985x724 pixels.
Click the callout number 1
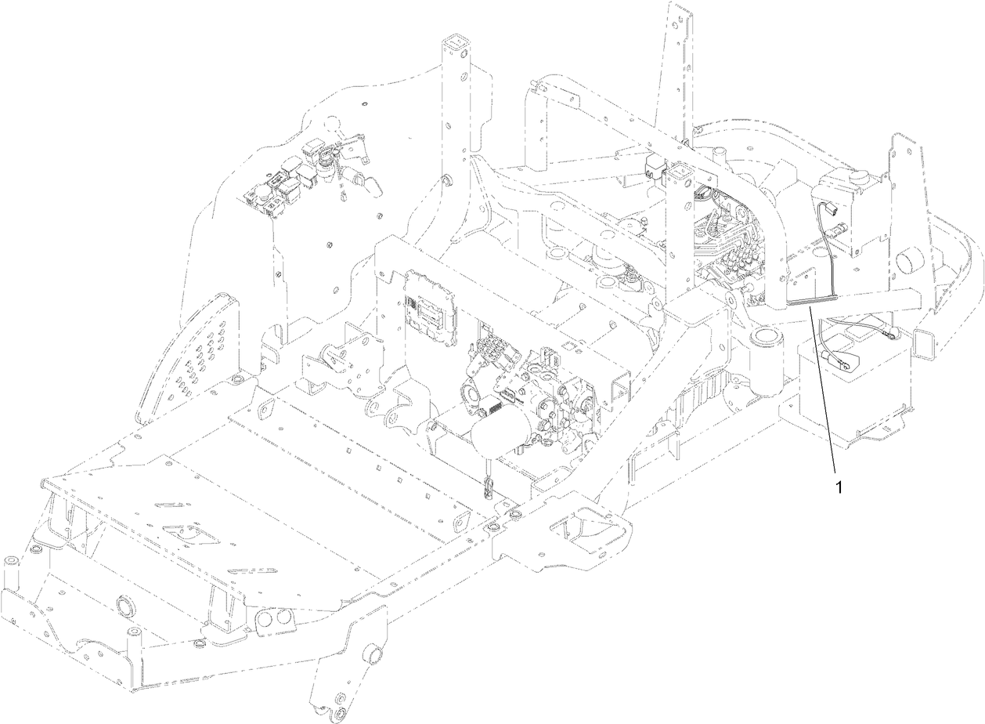pyautogui.click(x=839, y=487)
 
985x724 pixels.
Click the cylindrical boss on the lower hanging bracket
pyautogui.click(x=373, y=654)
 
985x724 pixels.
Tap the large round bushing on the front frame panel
pyautogui.click(x=124, y=608)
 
